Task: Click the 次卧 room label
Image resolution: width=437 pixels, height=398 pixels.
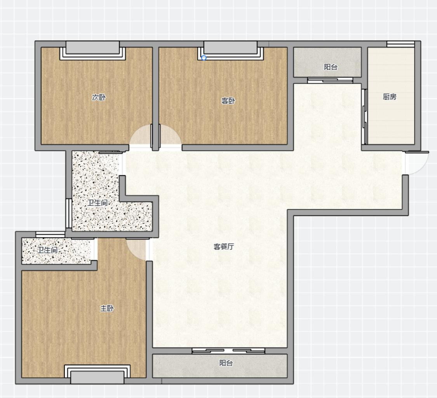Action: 99,97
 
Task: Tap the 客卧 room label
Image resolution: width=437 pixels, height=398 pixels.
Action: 228,101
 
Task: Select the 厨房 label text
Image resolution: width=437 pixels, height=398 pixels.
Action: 390,97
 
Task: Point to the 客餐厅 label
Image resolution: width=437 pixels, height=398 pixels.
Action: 224,246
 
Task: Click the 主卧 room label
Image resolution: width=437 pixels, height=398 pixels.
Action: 107,309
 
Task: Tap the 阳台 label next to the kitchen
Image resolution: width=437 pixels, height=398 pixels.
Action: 331,67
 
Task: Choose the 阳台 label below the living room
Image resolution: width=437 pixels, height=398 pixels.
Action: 226,363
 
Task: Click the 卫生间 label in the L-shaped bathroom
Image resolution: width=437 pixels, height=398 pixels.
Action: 97,203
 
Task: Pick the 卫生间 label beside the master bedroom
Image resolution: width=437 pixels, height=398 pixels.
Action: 47,250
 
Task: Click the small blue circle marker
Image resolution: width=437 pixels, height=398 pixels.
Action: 204,58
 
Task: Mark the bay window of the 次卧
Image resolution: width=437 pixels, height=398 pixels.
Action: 92,51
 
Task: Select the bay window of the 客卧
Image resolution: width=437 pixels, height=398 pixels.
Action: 230,51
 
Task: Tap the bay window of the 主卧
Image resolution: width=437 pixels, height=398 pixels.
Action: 97,374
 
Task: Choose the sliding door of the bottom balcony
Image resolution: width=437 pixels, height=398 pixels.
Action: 228,351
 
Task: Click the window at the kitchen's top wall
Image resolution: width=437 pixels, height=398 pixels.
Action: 400,44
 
